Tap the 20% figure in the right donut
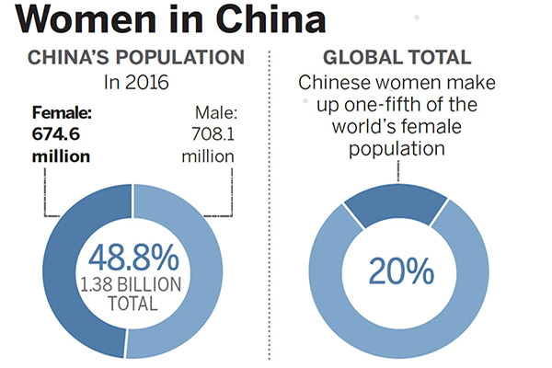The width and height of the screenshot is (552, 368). tap(401, 271)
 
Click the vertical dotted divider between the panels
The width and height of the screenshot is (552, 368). tap(269, 212)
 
